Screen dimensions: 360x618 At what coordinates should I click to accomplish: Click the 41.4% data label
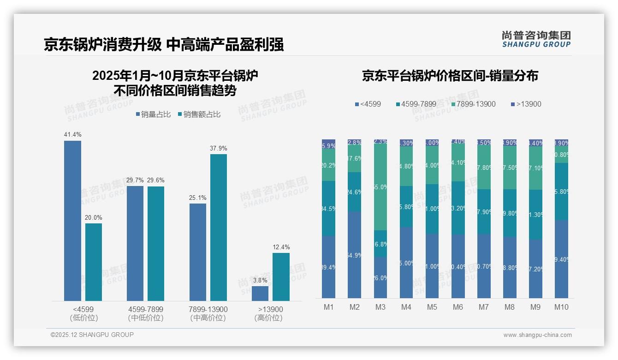click(x=72, y=135)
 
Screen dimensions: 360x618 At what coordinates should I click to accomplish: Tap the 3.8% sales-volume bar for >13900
click(x=260, y=294)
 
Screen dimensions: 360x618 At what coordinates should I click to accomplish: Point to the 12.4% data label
click(x=281, y=247)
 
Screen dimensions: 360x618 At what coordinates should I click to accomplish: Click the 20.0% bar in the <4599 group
click(x=94, y=262)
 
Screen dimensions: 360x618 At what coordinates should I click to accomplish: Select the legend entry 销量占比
click(x=154, y=114)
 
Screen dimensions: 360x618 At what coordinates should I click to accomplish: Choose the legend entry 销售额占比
click(x=199, y=114)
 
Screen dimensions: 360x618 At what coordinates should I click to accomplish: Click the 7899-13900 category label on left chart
click(x=208, y=309)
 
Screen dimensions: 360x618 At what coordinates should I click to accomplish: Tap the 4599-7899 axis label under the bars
click(x=146, y=309)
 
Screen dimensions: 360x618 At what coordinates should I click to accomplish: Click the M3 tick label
click(x=380, y=307)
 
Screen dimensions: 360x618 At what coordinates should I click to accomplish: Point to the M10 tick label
click(x=561, y=307)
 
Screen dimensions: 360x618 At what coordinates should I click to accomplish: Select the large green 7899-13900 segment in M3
click(x=380, y=187)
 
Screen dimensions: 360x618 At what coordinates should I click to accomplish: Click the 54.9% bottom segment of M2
click(x=354, y=255)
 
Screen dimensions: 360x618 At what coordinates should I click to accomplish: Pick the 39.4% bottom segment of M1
click(x=328, y=267)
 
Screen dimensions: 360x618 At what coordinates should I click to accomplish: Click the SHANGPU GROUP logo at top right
click(x=536, y=39)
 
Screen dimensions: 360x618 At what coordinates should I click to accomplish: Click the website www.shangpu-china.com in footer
click(x=537, y=335)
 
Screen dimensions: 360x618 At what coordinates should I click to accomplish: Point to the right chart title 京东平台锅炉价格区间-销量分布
click(x=450, y=76)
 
